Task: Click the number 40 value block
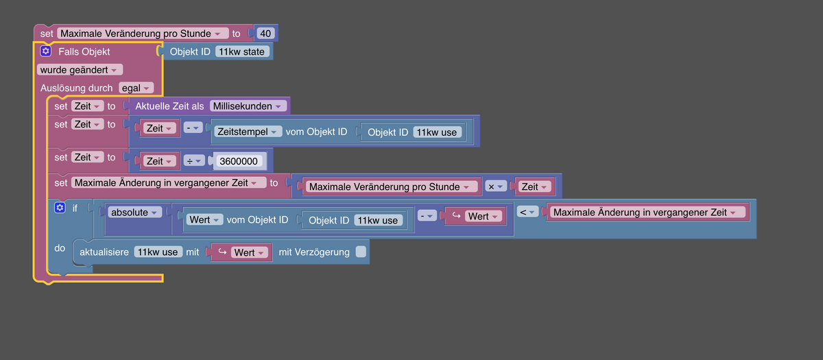[265, 34]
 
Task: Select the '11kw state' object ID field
[241, 51]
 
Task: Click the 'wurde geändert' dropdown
[80, 70]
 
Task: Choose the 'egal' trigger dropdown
[136, 88]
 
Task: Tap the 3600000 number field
[239, 161]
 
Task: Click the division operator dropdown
[193, 161]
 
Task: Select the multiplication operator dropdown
[495, 187]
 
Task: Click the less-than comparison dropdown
[527, 212]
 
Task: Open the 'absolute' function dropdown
[134, 213]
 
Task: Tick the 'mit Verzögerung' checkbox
[361, 252]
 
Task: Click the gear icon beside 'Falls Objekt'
[45, 51]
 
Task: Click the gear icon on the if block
[60, 208]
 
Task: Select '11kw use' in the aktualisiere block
[158, 252]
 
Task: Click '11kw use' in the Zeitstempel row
[437, 132]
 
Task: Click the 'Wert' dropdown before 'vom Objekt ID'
[204, 219]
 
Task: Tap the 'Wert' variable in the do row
[241, 252]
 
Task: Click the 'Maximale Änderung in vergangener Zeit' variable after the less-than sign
[647, 213]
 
